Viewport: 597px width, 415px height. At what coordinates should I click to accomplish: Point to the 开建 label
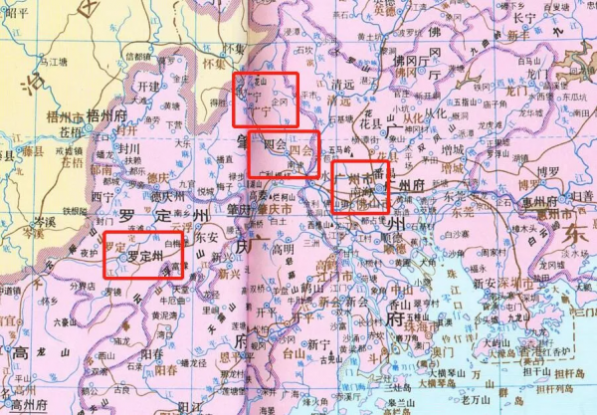click(148, 88)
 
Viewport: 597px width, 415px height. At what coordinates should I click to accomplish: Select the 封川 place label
click(130, 146)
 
